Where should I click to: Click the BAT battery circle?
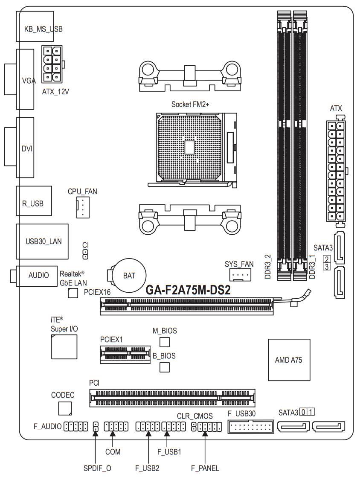pos(129,275)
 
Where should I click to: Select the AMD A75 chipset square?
pos(289,360)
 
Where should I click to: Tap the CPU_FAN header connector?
pos(83,207)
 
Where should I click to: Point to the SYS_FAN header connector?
pos(240,275)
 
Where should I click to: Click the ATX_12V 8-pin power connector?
pos(52,64)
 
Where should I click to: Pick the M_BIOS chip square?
pos(165,342)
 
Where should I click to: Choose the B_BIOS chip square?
pos(165,367)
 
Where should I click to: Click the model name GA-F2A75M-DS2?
pos(188,290)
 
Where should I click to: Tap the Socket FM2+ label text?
pos(190,105)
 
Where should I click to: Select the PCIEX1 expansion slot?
pos(125,355)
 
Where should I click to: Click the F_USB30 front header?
pos(251,426)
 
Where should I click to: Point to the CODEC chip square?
pos(65,408)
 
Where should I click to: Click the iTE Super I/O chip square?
pos(64,347)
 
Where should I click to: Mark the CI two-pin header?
pos(85,254)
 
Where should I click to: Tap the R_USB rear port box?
pos(34,201)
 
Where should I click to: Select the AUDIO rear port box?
pos(37,276)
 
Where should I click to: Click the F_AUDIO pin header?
pos(75,426)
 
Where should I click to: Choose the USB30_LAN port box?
pos(42,241)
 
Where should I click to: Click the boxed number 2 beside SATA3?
pos(327,259)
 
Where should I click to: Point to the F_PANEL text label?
pos(205,468)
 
